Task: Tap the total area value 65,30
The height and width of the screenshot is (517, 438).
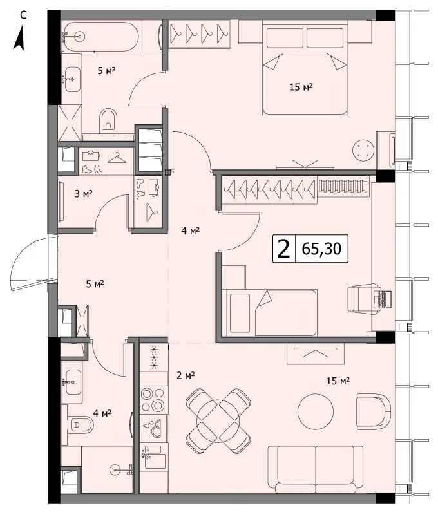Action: tap(321, 249)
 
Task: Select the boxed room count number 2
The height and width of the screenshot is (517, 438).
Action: tap(284, 249)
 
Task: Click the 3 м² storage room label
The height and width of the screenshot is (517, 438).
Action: tap(84, 194)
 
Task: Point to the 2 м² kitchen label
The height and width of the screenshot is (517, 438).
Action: tap(186, 375)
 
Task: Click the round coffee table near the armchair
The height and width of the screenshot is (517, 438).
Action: tap(316, 411)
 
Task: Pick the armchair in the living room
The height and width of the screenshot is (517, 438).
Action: tap(374, 411)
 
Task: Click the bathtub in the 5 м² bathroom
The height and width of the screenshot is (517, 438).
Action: tap(99, 37)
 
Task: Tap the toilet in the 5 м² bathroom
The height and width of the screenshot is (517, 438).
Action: tap(108, 121)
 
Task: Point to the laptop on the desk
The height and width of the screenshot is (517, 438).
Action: tap(383, 300)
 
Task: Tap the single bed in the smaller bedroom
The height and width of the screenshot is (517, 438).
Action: tap(270, 312)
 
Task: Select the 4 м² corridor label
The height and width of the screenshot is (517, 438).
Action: tap(190, 230)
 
